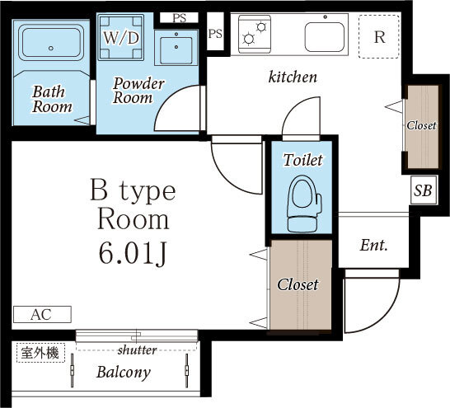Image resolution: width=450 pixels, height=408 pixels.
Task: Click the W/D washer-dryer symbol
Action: coord(121,37)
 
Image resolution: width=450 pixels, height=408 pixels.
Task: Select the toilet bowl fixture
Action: coord(304,203)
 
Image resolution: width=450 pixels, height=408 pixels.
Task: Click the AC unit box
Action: coord(42,314)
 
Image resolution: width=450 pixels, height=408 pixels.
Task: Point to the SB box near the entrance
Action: coord(424,190)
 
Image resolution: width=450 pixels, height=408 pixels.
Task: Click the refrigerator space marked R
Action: coord(379,37)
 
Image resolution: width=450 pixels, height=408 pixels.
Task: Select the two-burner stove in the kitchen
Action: coord(255,34)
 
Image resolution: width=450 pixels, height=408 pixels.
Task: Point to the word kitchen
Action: coord(293,77)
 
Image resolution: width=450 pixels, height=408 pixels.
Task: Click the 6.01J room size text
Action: coord(133,254)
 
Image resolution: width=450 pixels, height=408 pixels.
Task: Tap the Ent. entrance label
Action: coord(373,245)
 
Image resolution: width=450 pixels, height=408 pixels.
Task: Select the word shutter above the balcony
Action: coord(137,349)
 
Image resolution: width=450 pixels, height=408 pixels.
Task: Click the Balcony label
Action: coord(124,372)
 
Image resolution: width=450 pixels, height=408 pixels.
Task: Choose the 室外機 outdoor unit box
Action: coord(40,353)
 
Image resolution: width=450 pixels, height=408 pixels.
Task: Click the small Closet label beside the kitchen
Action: coord(421,125)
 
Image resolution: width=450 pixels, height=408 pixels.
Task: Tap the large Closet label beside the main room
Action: coord(298,284)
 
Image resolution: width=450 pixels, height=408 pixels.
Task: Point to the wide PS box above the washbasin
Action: coord(179,18)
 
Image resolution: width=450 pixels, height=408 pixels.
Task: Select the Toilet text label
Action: coord(303,160)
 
